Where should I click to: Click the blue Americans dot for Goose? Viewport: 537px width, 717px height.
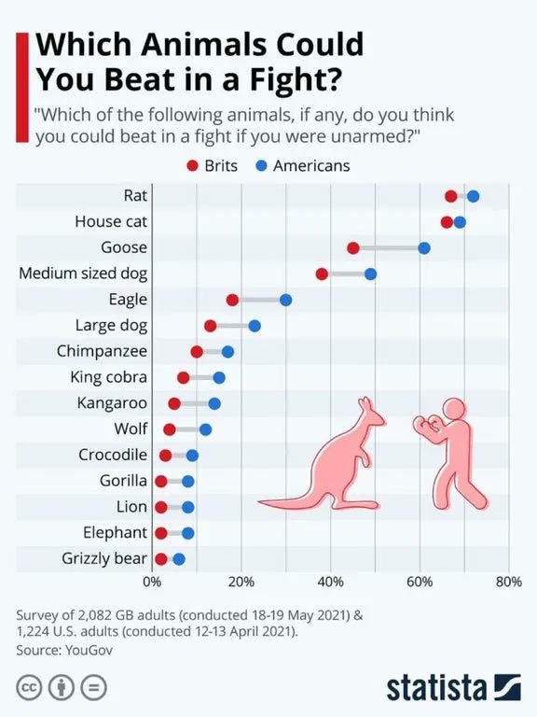pyautogui.click(x=424, y=247)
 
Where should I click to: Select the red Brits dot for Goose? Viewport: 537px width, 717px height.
pyautogui.click(x=352, y=247)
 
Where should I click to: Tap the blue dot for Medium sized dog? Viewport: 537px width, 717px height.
pyautogui.click(x=370, y=274)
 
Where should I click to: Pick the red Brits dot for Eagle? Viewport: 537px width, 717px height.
pyautogui.click(x=232, y=300)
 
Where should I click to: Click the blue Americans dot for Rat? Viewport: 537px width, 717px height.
pyautogui.click(x=473, y=196)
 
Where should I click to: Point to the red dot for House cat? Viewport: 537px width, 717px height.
pyautogui.click(x=447, y=222)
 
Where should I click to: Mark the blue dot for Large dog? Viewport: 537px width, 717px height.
pyautogui.click(x=255, y=326)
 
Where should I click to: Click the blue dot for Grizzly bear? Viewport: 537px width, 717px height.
pyautogui.click(x=179, y=559)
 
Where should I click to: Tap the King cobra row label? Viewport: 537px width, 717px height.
pyautogui.click(x=108, y=377)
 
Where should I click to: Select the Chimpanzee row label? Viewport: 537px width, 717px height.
pyautogui.click(x=102, y=351)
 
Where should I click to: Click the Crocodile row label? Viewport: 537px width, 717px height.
pyautogui.click(x=113, y=455)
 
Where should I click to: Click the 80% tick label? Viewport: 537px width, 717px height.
pyautogui.click(x=508, y=583)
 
